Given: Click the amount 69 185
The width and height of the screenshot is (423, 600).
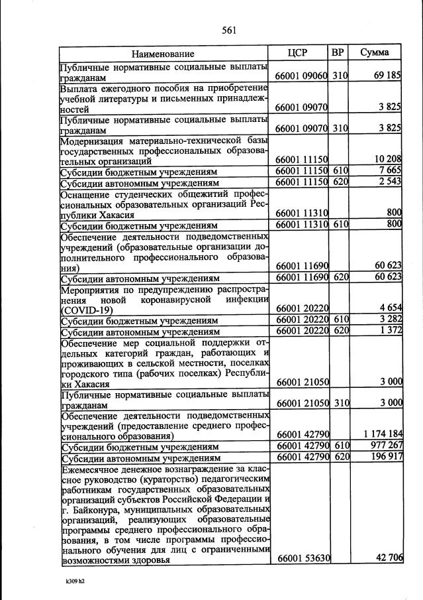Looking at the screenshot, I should click(x=387, y=76).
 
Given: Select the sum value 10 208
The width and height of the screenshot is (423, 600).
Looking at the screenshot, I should click(x=387, y=160).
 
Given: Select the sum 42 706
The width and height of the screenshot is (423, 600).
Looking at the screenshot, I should click(x=389, y=559).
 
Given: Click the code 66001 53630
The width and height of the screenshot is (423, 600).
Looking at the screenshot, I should click(x=302, y=559).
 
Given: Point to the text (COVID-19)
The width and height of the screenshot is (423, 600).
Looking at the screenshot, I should click(x=86, y=310).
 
